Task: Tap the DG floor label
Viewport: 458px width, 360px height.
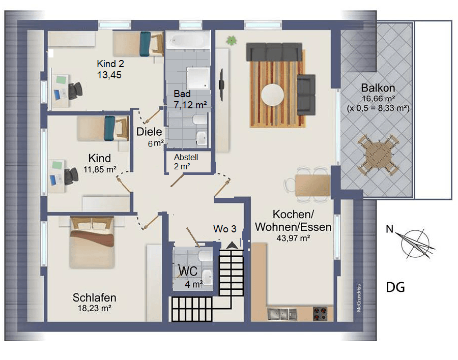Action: pyautogui.click(x=395, y=288)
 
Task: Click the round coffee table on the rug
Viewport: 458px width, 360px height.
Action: pyautogui.click(x=273, y=95)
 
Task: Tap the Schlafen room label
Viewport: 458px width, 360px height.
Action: pyautogui.click(x=94, y=297)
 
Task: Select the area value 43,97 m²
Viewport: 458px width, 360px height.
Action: pyautogui.click(x=293, y=238)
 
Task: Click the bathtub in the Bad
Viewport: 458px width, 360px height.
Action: pyautogui.click(x=188, y=39)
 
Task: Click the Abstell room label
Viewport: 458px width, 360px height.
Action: pyautogui.click(x=186, y=158)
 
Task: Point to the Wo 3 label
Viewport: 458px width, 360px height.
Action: pyautogui.click(x=224, y=229)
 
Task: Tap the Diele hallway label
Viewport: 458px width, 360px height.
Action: pyautogui.click(x=149, y=132)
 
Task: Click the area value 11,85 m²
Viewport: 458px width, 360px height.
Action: pyautogui.click(x=100, y=169)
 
